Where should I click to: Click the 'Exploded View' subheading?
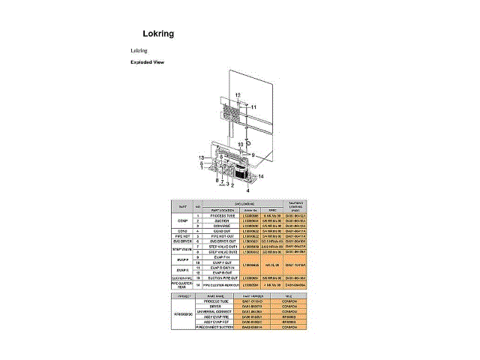coord(147,62)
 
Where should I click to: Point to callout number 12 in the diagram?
coord(238,94)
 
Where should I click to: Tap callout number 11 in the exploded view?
coord(253,108)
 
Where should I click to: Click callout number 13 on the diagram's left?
coord(201,157)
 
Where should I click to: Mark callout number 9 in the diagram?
coord(253,154)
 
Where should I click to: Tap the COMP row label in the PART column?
coord(183,221)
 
